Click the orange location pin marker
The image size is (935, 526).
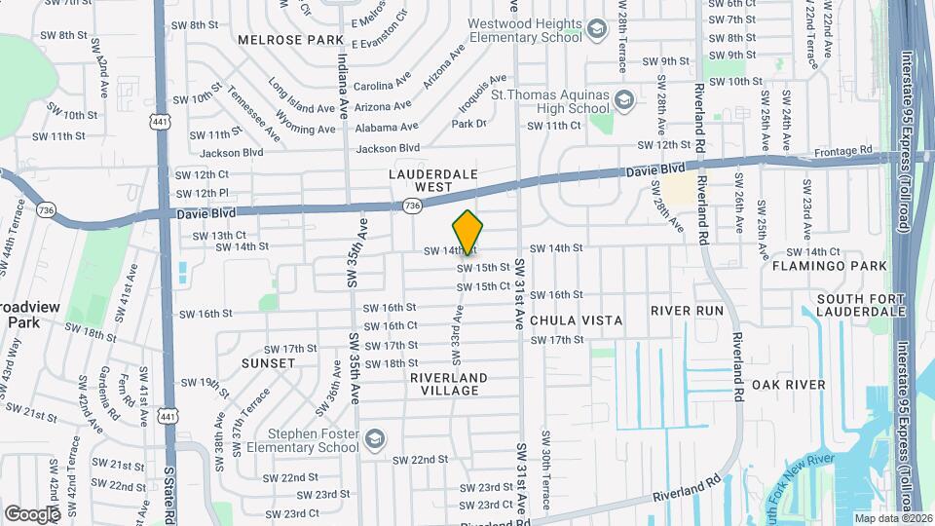(x=468, y=232)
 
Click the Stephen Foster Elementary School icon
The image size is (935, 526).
(x=374, y=439)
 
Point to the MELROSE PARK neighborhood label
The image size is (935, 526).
(x=291, y=40)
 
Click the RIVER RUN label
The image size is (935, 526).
(x=687, y=311)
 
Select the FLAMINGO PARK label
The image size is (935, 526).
(x=815, y=265)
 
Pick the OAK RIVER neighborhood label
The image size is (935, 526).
(x=788, y=385)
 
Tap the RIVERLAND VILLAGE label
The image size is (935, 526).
(x=448, y=384)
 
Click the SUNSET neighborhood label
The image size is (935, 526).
(x=268, y=363)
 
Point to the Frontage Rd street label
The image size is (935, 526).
(x=844, y=152)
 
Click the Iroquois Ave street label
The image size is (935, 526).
(x=481, y=94)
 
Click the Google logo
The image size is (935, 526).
(x=32, y=513)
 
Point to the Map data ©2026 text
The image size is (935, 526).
(x=893, y=518)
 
